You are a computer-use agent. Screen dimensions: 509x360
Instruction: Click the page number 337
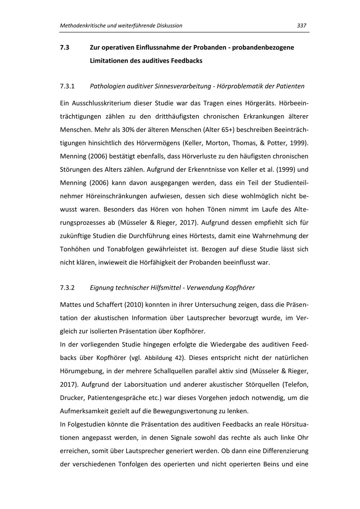(x=301, y=26)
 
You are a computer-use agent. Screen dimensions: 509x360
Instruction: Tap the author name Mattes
(x=70, y=305)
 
